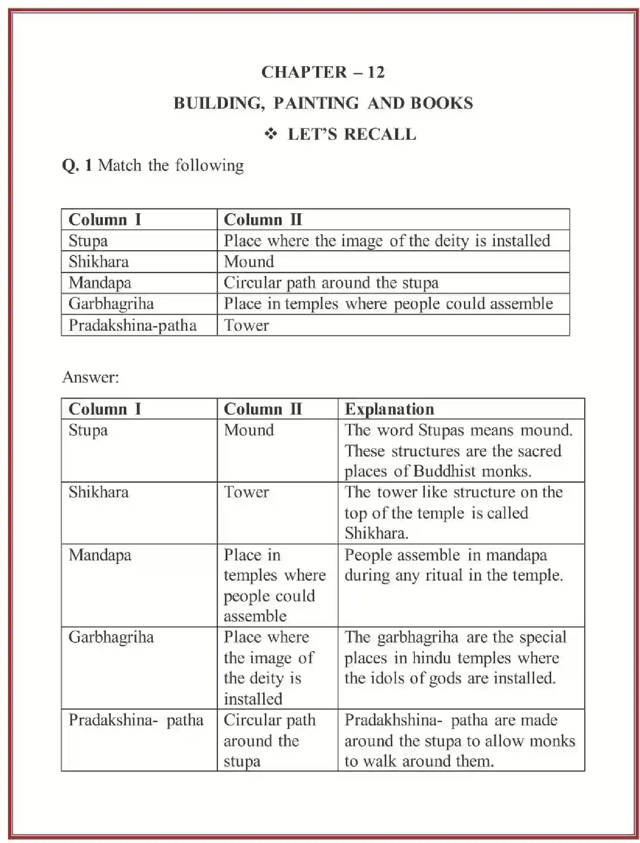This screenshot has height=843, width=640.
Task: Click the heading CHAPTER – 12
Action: click(323, 72)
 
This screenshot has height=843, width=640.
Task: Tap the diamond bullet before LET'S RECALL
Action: click(271, 134)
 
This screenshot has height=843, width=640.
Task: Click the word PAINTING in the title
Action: click(316, 103)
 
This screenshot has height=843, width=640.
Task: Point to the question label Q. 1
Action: click(77, 165)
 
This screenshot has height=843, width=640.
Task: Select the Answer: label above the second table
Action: click(91, 377)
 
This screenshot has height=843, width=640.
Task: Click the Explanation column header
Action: click(389, 409)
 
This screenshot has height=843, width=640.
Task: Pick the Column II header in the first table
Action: click(263, 219)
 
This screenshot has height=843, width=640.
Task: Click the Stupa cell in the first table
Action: click(88, 241)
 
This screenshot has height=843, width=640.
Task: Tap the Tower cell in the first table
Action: click(247, 325)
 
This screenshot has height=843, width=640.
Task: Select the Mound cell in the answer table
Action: click(249, 430)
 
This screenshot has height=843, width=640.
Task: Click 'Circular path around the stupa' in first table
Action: click(331, 283)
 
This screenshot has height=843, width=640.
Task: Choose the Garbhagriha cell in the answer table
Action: click(111, 637)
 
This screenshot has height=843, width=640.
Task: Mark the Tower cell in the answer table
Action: click(247, 492)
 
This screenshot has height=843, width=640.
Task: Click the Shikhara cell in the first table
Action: click(98, 262)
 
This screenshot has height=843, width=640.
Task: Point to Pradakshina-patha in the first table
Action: click(132, 325)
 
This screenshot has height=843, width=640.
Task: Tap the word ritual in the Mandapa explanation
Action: click(444, 575)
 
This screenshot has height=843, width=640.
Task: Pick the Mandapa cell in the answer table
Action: click(100, 555)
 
